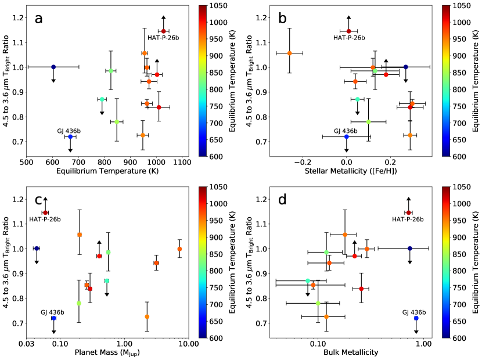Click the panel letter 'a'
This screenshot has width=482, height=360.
39,18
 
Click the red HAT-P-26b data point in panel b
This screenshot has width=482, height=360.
348,31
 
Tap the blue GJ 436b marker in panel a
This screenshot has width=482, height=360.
70,137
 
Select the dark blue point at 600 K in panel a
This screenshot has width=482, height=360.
53,67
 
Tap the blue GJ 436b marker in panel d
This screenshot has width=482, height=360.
416,318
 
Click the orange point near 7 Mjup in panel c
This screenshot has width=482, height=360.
179,249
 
